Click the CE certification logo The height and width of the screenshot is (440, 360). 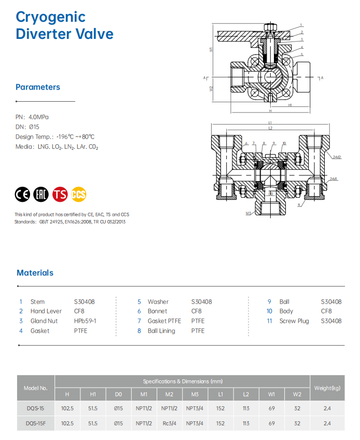point(23,195)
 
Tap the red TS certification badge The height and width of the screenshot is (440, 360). point(60,195)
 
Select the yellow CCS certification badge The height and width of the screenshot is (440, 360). point(79,195)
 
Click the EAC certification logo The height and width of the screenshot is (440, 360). point(41,195)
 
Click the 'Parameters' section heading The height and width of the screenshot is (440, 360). point(38,87)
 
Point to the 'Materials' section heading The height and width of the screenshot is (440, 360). point(35,272)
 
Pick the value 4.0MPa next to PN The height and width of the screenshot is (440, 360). point(39,117)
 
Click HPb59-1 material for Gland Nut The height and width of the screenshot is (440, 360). point(85,321)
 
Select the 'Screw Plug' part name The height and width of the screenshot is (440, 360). point(294,321)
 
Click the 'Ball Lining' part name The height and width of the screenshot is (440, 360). point(161,331)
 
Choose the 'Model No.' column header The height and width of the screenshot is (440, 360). point(36,388)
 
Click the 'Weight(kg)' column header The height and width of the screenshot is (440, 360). point(327,388)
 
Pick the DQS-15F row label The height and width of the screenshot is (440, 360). point(36,423)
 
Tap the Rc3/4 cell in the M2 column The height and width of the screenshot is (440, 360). point(169,423)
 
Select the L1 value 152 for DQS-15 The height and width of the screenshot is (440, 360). point(220,408)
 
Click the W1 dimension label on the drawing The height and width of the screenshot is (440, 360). point(212,50)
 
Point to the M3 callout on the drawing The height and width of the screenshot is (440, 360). point(248,213)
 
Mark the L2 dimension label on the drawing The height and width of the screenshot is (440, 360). point(270,128)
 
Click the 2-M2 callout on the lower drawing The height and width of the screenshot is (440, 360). point(337,157)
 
